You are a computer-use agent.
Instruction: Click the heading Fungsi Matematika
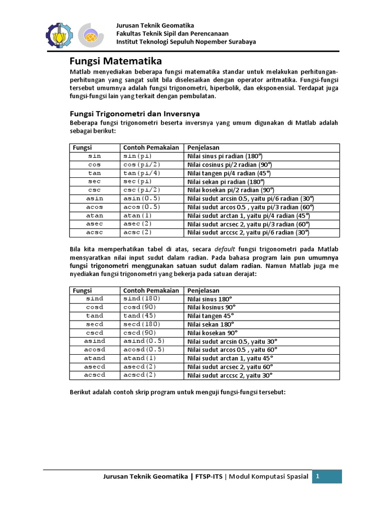click(x=115, y=62)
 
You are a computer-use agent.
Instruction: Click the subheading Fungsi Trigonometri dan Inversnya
click(x=134, y=114)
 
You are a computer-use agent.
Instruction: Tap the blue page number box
click(x=327, y=476)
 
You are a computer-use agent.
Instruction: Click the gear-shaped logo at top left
click(x=59, y=34)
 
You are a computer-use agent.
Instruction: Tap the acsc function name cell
click(x=94, y=232)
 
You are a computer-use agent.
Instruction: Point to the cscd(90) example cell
click(x=140, y=333)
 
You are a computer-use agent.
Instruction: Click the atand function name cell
click(x=94, y=358)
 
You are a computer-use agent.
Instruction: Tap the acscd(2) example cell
click(x=140, y=375)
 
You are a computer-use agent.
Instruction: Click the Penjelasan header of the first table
click(x=203, y=148)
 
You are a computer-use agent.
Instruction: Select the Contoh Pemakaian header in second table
click(x=151, y=291)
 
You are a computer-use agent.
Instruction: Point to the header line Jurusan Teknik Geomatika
click(x=155, y=26)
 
